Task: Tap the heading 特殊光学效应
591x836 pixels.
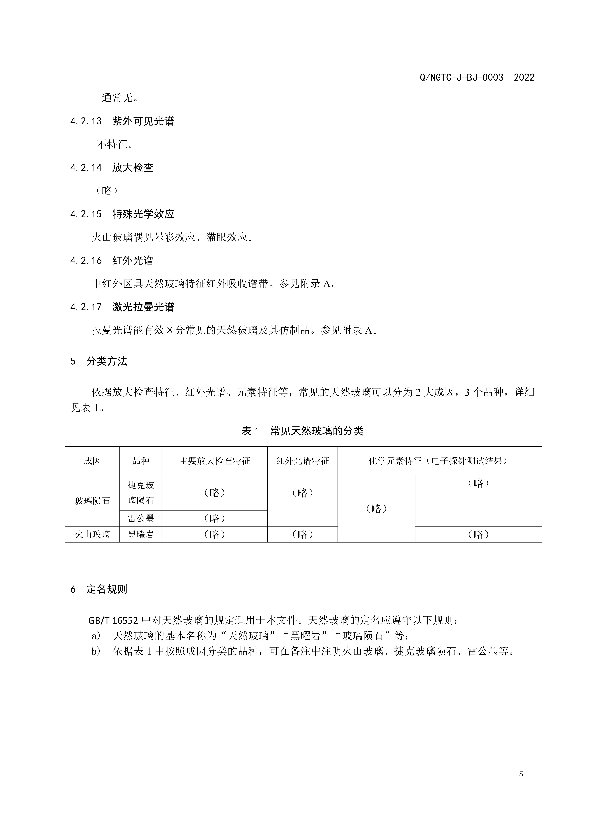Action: [143, 214]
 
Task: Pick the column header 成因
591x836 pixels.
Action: [92, 461]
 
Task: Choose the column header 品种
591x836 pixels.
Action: [141, 461]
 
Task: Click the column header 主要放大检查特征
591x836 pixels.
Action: [214, 461]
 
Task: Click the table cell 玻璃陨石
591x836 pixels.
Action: [92, 501]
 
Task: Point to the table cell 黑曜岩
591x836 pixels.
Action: [141, 535]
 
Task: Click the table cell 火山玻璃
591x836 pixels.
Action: [92, 535]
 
